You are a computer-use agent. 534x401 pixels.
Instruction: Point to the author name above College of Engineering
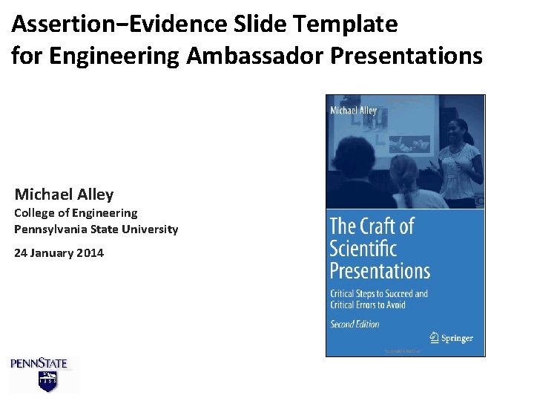[64, 195]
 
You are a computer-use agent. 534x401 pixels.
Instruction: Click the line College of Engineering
[76, 213]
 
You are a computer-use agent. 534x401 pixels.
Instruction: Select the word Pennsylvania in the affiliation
[50, 229]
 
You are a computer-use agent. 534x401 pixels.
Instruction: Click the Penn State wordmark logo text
[39, 363]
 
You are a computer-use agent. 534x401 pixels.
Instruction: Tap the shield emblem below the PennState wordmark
[47, 381]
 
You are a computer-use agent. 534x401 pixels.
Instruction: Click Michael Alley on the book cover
[353, 111]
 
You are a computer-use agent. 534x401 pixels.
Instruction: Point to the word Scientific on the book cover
[363, 247]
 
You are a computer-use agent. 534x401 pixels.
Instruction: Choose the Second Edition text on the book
[355, 324]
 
